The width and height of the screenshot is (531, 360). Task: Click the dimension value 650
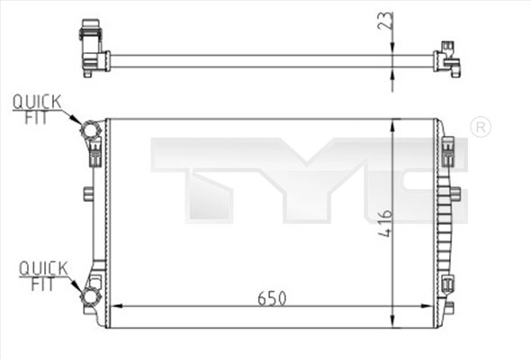click(272, 299)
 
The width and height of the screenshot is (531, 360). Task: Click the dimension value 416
click(385, 223)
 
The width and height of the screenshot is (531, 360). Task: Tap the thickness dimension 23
click(386, 21)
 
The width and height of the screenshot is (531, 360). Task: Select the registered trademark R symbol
click(481, 127)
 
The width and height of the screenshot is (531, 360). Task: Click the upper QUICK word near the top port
click(37, 102)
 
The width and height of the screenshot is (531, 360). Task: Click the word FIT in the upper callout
click(36, 118)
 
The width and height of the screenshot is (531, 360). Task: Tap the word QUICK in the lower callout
click(43, 268)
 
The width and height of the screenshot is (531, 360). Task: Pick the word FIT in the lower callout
click(42, 284)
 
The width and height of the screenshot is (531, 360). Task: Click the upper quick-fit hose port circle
click(90, 130)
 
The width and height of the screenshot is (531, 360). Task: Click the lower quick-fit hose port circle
click(91, 296)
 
